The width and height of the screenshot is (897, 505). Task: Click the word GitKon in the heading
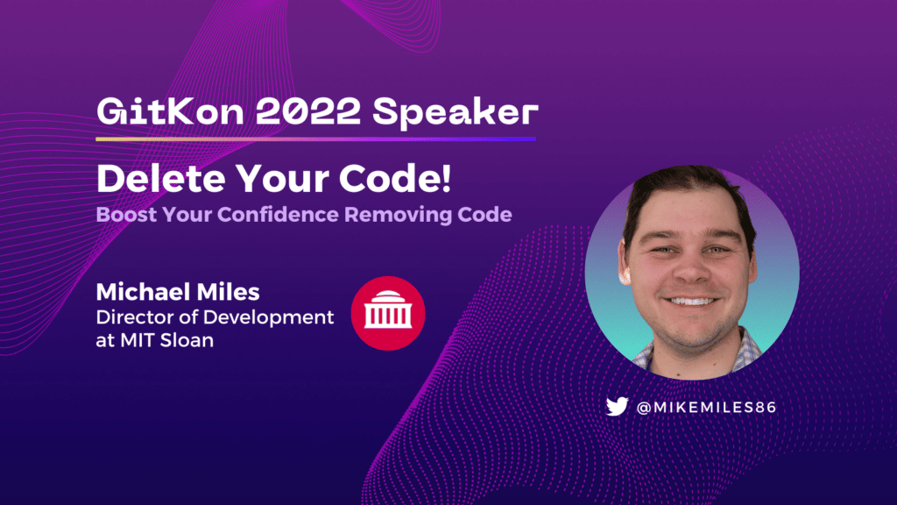point(171,111)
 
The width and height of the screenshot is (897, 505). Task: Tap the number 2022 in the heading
point(307,111)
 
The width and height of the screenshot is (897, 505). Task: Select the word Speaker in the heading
point(456,113)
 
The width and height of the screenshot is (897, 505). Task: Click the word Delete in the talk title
point(161,179)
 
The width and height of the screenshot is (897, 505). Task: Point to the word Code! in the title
point(395,179)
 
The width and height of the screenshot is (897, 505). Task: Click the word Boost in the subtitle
point(126,215)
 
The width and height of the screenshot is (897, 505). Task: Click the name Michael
point(142,292)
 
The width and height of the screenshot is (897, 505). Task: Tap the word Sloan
point(187,340)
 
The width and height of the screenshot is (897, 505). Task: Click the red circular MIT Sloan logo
point(388,313)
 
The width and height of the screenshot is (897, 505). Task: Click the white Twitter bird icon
point(618,407)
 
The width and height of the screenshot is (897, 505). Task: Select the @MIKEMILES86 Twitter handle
point(706,407)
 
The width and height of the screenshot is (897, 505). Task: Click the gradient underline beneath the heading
point(315,139)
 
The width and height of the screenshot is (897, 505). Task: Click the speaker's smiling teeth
point(691,302)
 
